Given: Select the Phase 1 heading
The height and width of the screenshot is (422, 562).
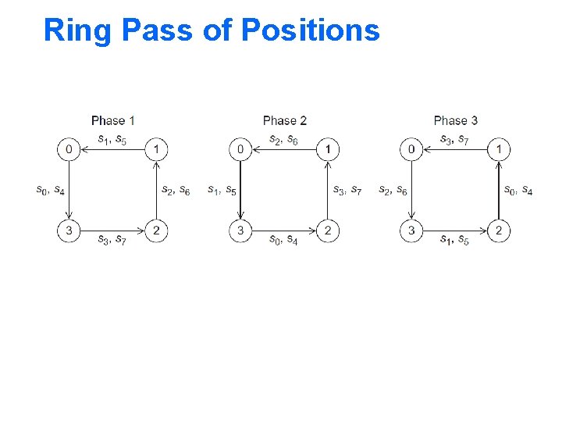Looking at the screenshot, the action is tap(113, 120).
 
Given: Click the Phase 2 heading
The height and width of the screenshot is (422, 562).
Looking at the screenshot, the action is tap(285, 120).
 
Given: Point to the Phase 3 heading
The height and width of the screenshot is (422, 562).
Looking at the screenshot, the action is tap(456, 120).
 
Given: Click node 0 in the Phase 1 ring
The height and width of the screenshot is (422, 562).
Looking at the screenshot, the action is tap(69, 148).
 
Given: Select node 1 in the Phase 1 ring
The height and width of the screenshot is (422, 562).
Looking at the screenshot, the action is tap(157, 148).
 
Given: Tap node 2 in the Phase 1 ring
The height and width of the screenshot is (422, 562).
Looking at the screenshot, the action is tap(157, 231).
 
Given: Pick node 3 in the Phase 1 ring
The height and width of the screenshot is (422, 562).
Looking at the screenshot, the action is tap(69, 231).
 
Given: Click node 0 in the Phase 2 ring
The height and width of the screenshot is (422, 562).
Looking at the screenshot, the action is tap(240, 148).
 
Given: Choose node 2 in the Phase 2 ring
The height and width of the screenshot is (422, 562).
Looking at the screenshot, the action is tap(328, 231).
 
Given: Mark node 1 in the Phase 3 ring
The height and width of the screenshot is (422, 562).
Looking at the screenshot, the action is tap(499, 148).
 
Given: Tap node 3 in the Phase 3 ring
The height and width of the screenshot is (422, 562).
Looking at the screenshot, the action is tap(411, 231).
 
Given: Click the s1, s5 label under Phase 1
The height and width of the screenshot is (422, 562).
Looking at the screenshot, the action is tap(113, 140).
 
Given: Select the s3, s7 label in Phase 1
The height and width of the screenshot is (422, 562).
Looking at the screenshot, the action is tap(113, 239).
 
